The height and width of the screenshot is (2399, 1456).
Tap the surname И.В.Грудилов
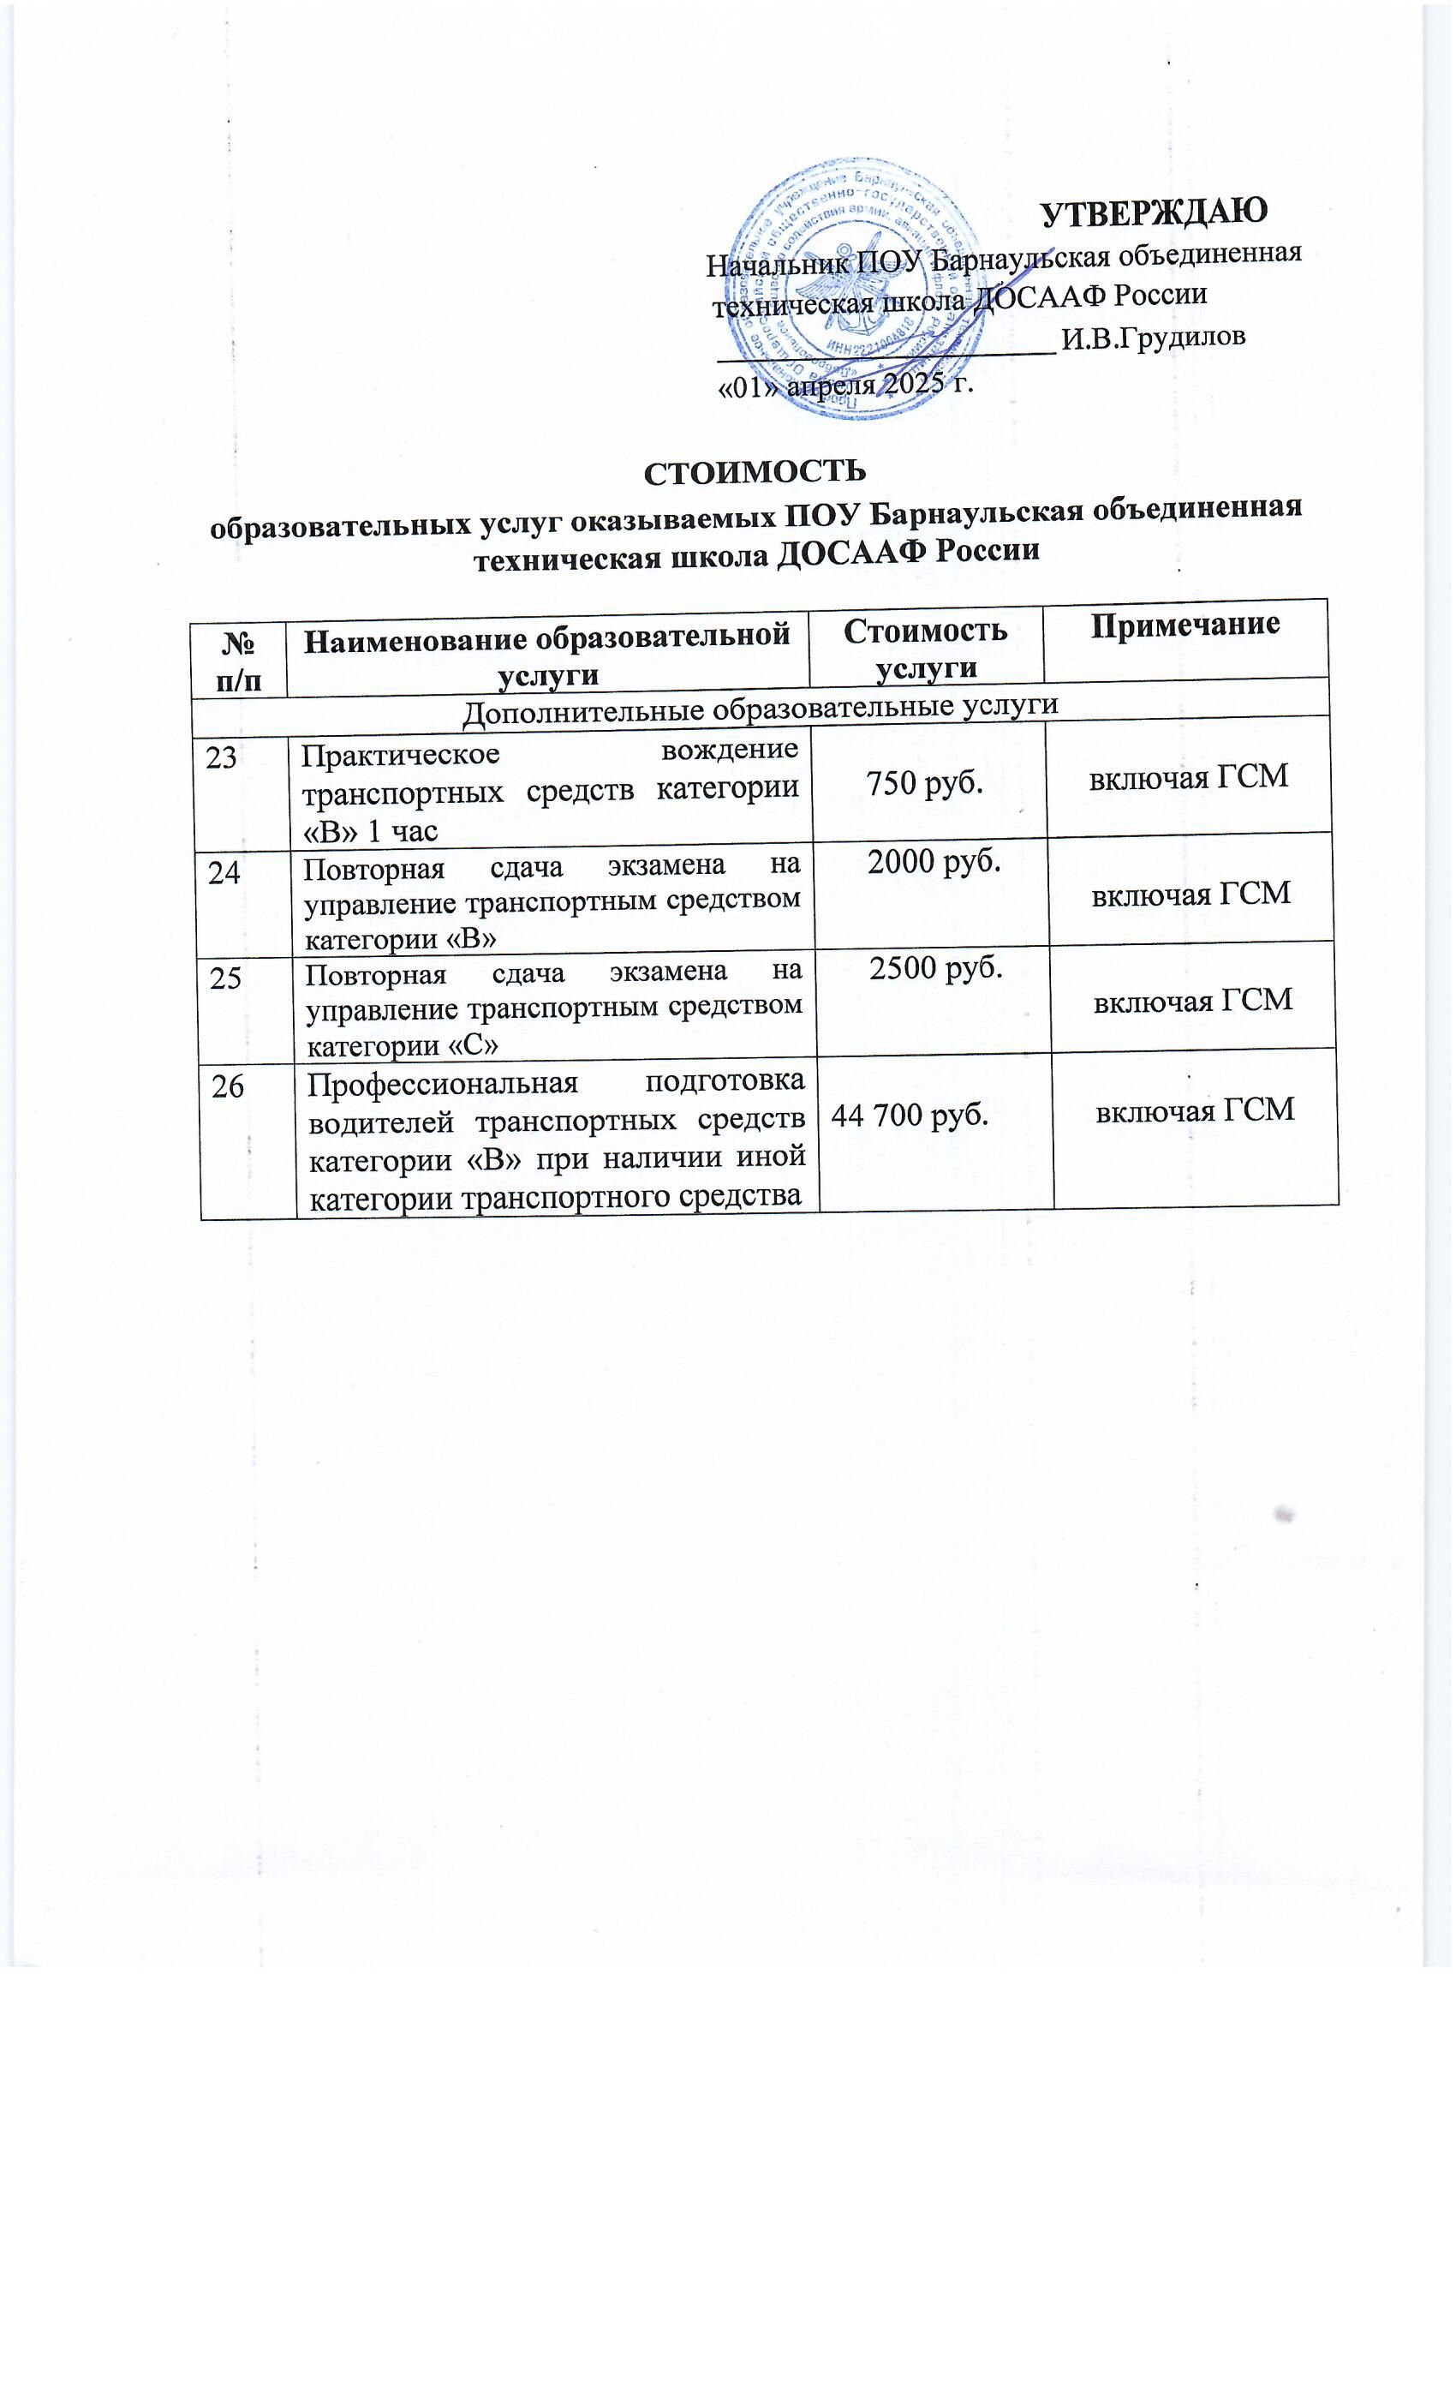pos(1152,337)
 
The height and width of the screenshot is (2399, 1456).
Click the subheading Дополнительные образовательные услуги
pos(759,705)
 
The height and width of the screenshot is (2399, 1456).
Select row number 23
pos(222,757)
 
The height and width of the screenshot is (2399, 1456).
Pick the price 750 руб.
pos(923,781)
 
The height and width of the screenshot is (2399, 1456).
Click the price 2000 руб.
pos(934,861)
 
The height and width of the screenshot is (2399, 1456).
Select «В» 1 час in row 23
pos(370,830)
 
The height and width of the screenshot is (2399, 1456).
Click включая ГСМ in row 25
pos(1193,999)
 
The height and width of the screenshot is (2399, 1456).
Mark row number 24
pos(224,872)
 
